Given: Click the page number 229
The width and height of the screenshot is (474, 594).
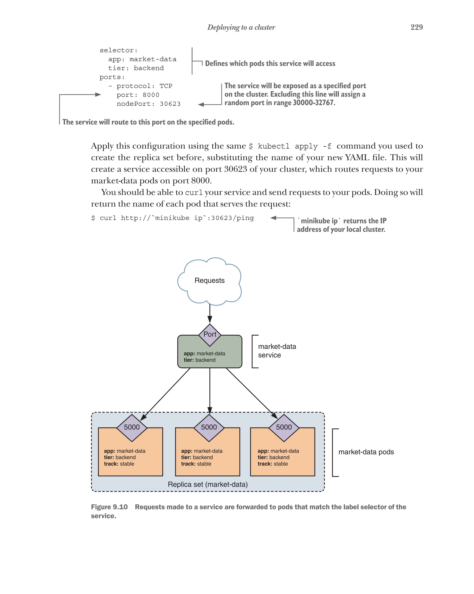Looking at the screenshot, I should click(416, 27).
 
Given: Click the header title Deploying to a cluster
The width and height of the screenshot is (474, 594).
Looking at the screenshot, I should click(241, 27).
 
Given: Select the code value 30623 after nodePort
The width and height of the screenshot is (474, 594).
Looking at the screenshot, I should click(170, 104).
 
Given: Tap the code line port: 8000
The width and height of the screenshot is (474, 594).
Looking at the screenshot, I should click(138, 95).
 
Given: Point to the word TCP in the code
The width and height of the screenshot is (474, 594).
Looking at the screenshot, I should click(166, 86).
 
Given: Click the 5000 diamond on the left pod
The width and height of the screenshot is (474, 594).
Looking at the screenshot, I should click(132, 427).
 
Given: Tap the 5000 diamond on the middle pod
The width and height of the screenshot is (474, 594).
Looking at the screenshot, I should click(209, 427).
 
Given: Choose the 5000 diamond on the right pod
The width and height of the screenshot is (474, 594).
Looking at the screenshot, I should click(284, 427).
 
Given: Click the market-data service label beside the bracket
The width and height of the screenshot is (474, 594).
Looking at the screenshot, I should click(277, 351).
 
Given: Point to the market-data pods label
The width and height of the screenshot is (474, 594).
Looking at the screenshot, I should click(366, 452).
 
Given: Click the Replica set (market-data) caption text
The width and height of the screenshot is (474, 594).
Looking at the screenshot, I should click(208, 484).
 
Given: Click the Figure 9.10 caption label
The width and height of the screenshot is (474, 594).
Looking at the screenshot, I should click(109, 507).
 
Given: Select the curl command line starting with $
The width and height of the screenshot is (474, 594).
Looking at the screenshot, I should click(172, 218).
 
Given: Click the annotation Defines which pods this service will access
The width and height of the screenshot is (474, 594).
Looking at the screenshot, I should click(270, 64).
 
